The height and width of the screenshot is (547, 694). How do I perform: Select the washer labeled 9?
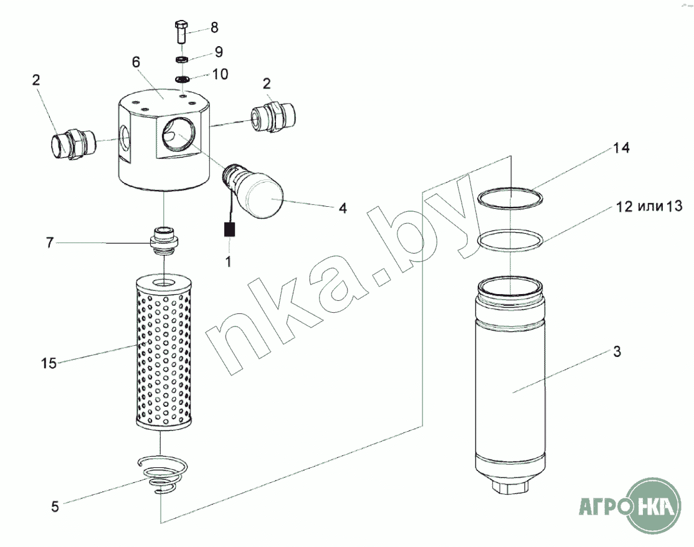pyautogui.click(x=182, y=59)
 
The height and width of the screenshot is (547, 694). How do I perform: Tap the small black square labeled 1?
pyautogui.click(x=229, y=230)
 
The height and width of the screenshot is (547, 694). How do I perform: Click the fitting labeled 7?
pyautogui.click(x=164, y=241)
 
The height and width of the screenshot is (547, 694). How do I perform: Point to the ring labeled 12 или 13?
pyautogui.click(x=510, y=240)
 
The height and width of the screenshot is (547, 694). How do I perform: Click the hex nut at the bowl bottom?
pyautogui.click(x=510, y=488)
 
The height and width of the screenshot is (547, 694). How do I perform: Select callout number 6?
pyautogui.click(x=136, y=62)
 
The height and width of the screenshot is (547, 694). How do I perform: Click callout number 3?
pyautogui.click(x=617, y=352)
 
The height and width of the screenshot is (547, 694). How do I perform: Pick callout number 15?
pyautogui.click(x=49, y=363)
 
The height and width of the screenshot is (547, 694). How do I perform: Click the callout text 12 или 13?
pyautogui.click(x=649, y=206)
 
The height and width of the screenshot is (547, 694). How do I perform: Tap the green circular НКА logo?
pyautogui.click(x=655, y=505)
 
